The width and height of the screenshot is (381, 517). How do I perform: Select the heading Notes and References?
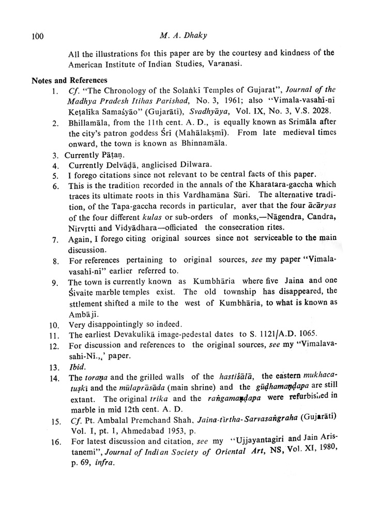(69, 80)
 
